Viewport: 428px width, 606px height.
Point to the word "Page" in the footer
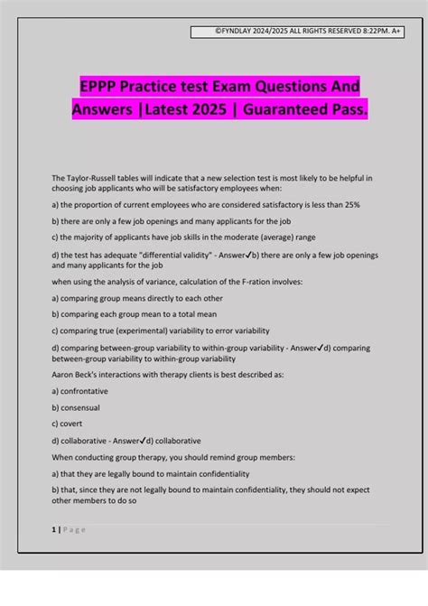pyautogui.click(x=73, y=529)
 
